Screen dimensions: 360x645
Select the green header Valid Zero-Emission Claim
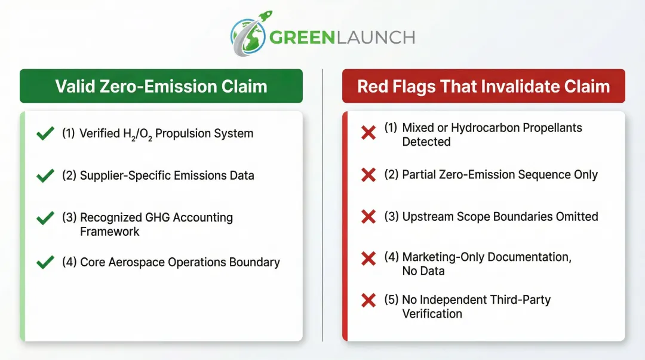coord(161,86)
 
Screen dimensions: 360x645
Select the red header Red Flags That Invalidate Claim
coord(483,86)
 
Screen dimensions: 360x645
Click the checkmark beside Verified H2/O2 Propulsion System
coord(45,134)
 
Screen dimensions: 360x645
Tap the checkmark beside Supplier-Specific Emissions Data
coord(45,176)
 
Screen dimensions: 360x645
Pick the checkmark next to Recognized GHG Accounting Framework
coord(45,218)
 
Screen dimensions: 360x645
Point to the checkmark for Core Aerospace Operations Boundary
coord(45,262)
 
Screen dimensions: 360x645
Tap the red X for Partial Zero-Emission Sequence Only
coord(368,175)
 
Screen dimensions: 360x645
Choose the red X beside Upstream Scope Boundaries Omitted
coord(368,217)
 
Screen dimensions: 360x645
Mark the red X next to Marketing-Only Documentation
coord(368,258)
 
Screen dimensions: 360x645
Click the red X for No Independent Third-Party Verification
coord(368,300)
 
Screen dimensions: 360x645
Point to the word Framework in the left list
coord(109,232)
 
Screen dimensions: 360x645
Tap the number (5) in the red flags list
coord(391,300)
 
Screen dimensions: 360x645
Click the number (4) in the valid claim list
coord(69,262)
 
